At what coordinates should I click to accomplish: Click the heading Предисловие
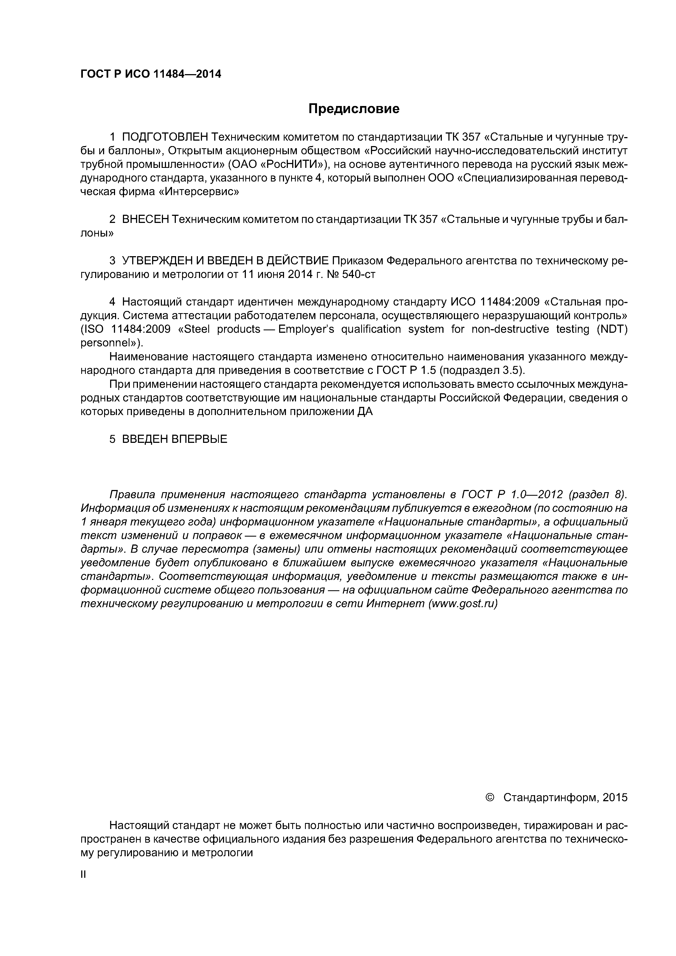(354, 109)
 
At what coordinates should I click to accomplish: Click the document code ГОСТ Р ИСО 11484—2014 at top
(151, 74)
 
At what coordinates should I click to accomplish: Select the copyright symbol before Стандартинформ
(490, 797)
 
